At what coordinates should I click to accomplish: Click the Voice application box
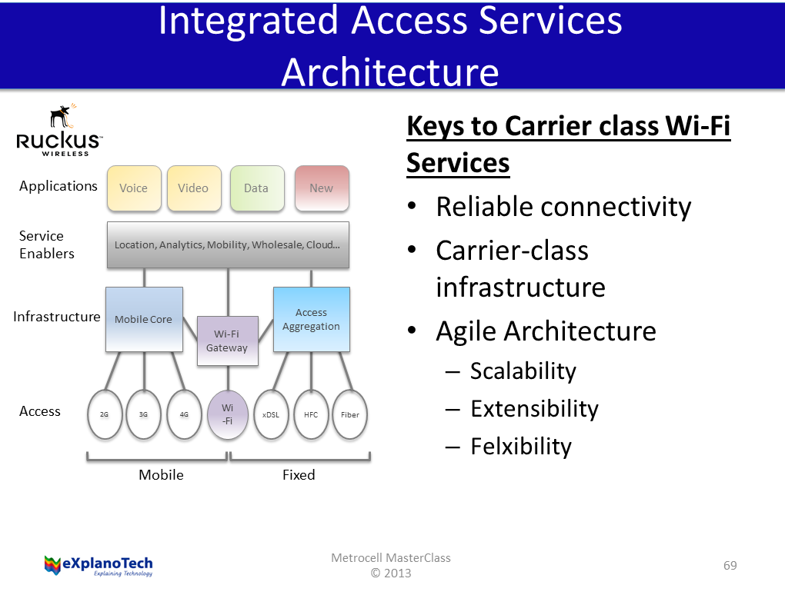(134, 188)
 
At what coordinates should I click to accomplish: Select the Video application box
(194, 188)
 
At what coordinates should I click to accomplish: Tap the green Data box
(257, 188)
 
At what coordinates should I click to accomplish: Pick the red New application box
(322, 188)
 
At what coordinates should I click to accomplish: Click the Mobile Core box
(144, 319)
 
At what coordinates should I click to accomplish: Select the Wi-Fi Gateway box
(227, 341)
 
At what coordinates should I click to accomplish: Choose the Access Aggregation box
(311, 319)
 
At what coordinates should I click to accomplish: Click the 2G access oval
(105, 414)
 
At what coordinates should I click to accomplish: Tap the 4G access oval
(185, 414)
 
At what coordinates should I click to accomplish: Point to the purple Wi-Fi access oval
(228, 414)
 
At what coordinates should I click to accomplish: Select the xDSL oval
(271, 414)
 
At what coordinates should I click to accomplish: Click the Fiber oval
(350, 414)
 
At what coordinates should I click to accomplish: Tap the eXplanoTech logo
(99, 565)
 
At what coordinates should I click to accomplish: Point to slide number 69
(730, 566)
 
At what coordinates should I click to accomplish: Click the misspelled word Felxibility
(521, 447)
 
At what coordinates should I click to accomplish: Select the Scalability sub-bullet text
(523, 371)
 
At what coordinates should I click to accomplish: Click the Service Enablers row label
(46, 244)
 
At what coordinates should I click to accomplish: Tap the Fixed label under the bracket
(299, 475)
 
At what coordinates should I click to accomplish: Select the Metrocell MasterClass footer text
(391, 558)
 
